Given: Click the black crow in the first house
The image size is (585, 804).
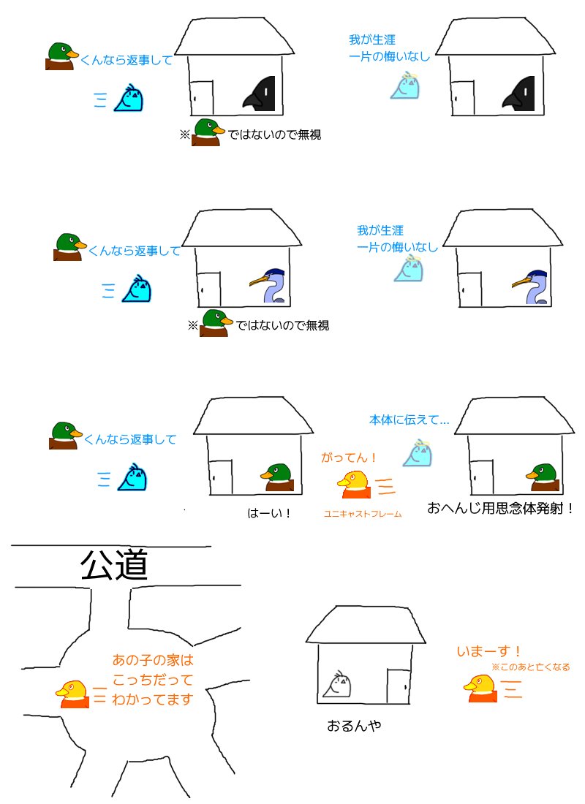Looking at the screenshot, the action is (x=260, y=94).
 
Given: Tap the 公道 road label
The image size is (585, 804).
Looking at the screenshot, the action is (x=114, y=564).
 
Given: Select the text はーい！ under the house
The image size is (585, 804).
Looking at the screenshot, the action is (x=269, y=513).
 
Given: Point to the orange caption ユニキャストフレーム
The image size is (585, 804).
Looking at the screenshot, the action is (x=362, y=514).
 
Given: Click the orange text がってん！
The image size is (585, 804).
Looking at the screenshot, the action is (x=349, y=458).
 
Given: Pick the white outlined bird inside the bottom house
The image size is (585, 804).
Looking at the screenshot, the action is (x=337, y=684).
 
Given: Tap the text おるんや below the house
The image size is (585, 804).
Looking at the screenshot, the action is (x=354, y=726).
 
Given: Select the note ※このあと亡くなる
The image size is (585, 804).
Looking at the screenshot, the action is (x=531, y=667).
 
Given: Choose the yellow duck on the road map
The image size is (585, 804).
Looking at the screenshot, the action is (x=72, y=694).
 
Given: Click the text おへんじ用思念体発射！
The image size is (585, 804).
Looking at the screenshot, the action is (x=500, y=508).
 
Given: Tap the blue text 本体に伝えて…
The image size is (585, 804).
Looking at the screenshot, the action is (x=409, y=420).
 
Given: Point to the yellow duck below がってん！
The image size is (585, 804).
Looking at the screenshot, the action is (x=354, y=485).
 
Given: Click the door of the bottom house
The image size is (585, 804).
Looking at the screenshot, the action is (x=399, y=686).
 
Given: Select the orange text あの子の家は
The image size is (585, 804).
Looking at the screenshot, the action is (x=153, y=659).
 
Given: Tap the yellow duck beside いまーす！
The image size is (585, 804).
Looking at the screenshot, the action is (x=480, y=688).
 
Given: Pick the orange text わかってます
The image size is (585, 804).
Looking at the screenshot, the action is (x=152, y=699).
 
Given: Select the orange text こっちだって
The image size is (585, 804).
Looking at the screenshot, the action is (x=152, y=680).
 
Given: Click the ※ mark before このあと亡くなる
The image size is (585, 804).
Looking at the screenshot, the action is (x=496, y=667).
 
